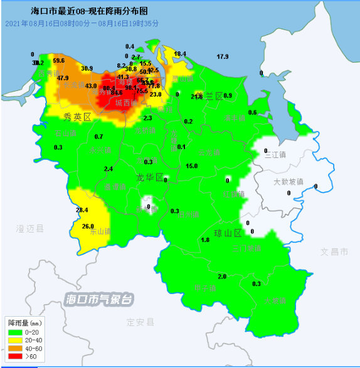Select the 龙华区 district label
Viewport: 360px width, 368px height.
click(x=150, y=177)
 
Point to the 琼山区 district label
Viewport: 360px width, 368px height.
click(x=229, y=233)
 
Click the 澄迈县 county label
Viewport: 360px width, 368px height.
click(x=30, y=229)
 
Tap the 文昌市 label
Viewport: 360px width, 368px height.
click(x=334, y=251)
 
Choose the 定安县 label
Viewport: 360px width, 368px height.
click(x=140, y=322)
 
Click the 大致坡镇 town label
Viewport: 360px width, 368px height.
click(x=288, y=182)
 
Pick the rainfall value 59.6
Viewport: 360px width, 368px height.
click(x=59, y=60)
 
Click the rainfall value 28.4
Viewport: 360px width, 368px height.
click(x=82, y=210)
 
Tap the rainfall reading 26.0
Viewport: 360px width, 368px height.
click(x=88, y=226)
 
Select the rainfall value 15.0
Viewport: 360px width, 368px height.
click(x=192, y=166)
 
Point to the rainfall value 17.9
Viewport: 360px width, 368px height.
click(x=223, y=57)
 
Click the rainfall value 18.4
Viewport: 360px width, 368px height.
click(x=180, y=54)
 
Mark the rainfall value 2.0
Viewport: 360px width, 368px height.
click(x=222, y=276)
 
